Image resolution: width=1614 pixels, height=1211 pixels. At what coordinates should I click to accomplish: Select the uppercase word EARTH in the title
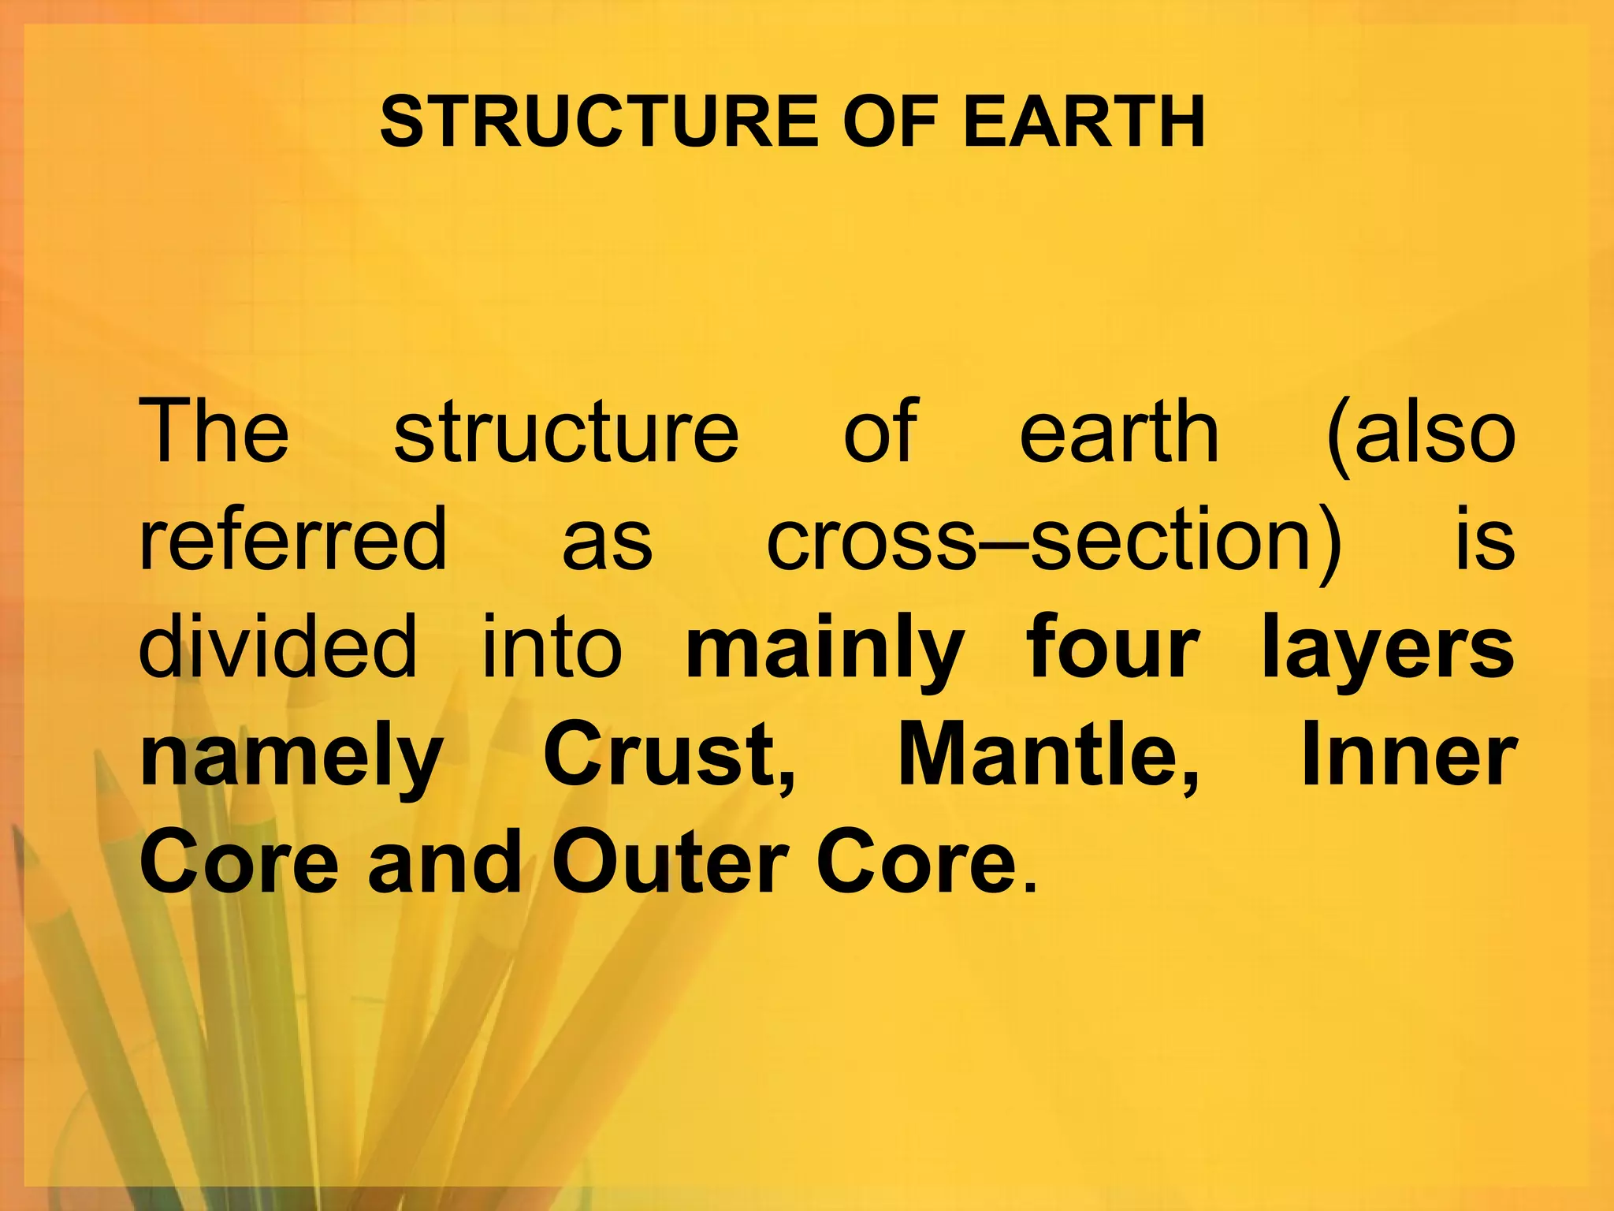tap(1084, 122)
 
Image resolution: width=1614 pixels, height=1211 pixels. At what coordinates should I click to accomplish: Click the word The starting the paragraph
tap(214, 431)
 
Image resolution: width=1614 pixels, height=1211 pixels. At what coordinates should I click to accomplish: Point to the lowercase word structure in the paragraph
tap(566, 431)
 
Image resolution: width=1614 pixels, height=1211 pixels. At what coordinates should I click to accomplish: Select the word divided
tap(277, 647)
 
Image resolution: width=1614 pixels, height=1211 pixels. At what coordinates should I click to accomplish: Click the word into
tap(552, 647)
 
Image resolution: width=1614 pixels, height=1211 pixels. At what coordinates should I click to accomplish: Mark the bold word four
tap(1113, 647)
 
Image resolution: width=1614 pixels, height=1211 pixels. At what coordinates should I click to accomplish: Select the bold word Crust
tap(668, 755)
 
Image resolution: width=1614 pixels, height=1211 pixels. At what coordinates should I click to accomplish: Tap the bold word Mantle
tap(1048, 755)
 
